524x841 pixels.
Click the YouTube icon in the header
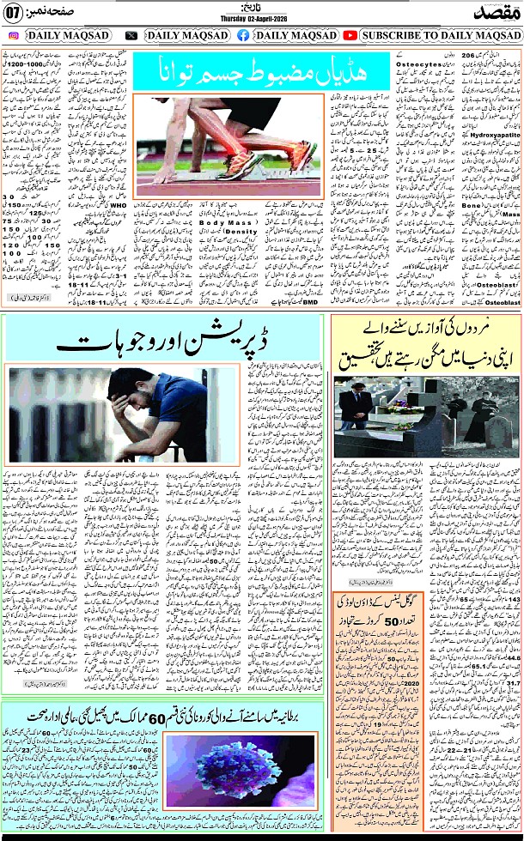pos(350,35)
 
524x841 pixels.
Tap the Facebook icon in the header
pos(243,35)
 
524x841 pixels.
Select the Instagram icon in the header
pos(15,35)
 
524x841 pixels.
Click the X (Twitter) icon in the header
pos(131,35)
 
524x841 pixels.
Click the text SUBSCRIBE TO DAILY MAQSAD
pos(442,35)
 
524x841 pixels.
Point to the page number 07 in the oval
pos(14,13)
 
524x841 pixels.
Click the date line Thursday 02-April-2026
pos(258,18)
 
